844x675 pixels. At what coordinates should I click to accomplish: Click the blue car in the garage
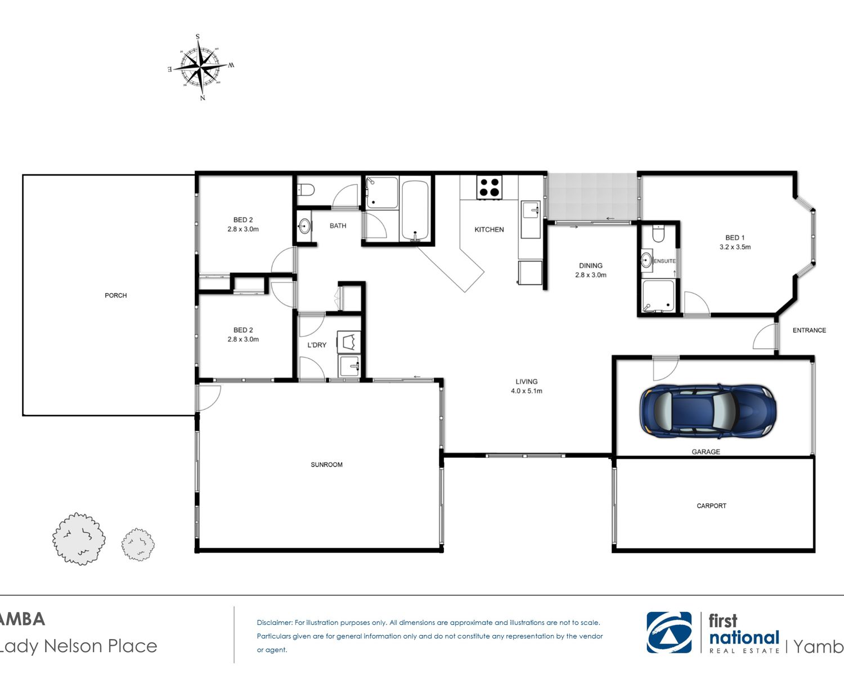click(708, 411)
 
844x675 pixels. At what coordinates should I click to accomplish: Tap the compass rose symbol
click(200, 67)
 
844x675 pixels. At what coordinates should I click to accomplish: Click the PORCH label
click(116, 295)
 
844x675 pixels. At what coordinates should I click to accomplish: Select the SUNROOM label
click(327, 465)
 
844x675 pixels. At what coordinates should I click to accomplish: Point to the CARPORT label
click(711, 506)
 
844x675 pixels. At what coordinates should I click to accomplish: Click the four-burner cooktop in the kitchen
click(490, 187)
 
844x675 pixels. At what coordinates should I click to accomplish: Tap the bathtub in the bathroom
click(415, 210)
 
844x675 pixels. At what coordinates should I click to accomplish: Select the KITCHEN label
click(489, 229)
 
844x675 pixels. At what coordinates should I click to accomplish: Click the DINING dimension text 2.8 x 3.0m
click(591, 275)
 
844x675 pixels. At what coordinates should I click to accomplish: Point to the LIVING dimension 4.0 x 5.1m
click(526, 390)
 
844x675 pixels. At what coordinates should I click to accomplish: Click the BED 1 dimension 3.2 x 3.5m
click(735, 247)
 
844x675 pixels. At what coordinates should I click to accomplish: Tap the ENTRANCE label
click(809, 330)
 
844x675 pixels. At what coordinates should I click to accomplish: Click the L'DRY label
click(316, 345)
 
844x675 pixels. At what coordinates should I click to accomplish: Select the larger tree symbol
click(79, 539)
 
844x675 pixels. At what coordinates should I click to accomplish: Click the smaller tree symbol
click(138, 544)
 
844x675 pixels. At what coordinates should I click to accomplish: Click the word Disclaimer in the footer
click(275, 623)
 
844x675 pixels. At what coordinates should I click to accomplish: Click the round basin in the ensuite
click(647, 260)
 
